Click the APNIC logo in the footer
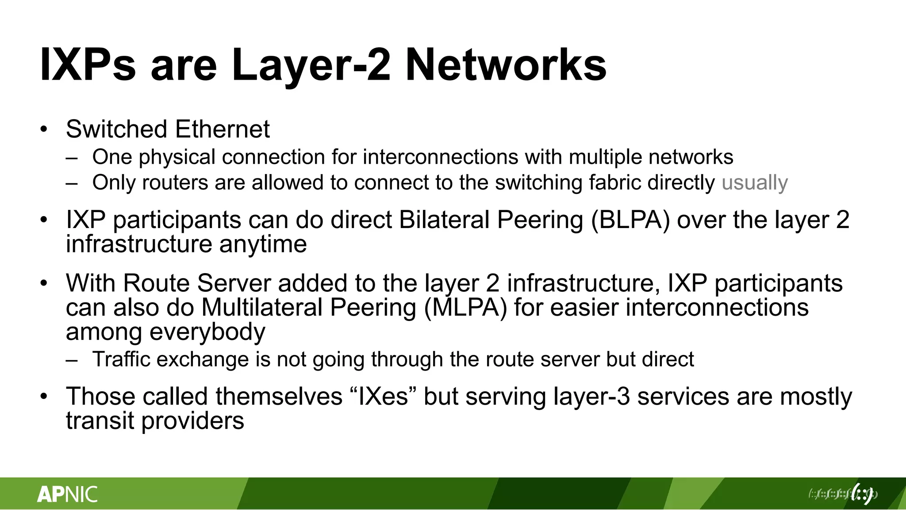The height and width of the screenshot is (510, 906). coord(67,494)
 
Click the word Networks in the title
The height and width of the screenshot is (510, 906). coord(506,65)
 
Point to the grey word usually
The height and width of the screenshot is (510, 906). coord(754,182)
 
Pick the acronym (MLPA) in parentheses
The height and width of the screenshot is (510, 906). coord(465,307)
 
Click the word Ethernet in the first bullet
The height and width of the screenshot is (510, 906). coord(222,129)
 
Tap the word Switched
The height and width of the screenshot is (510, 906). coord(116,129)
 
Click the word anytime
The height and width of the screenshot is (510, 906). coord(263,244)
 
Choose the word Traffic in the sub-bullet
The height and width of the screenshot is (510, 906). coord(121,359)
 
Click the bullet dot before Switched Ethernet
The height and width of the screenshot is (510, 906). coord(43,130)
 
